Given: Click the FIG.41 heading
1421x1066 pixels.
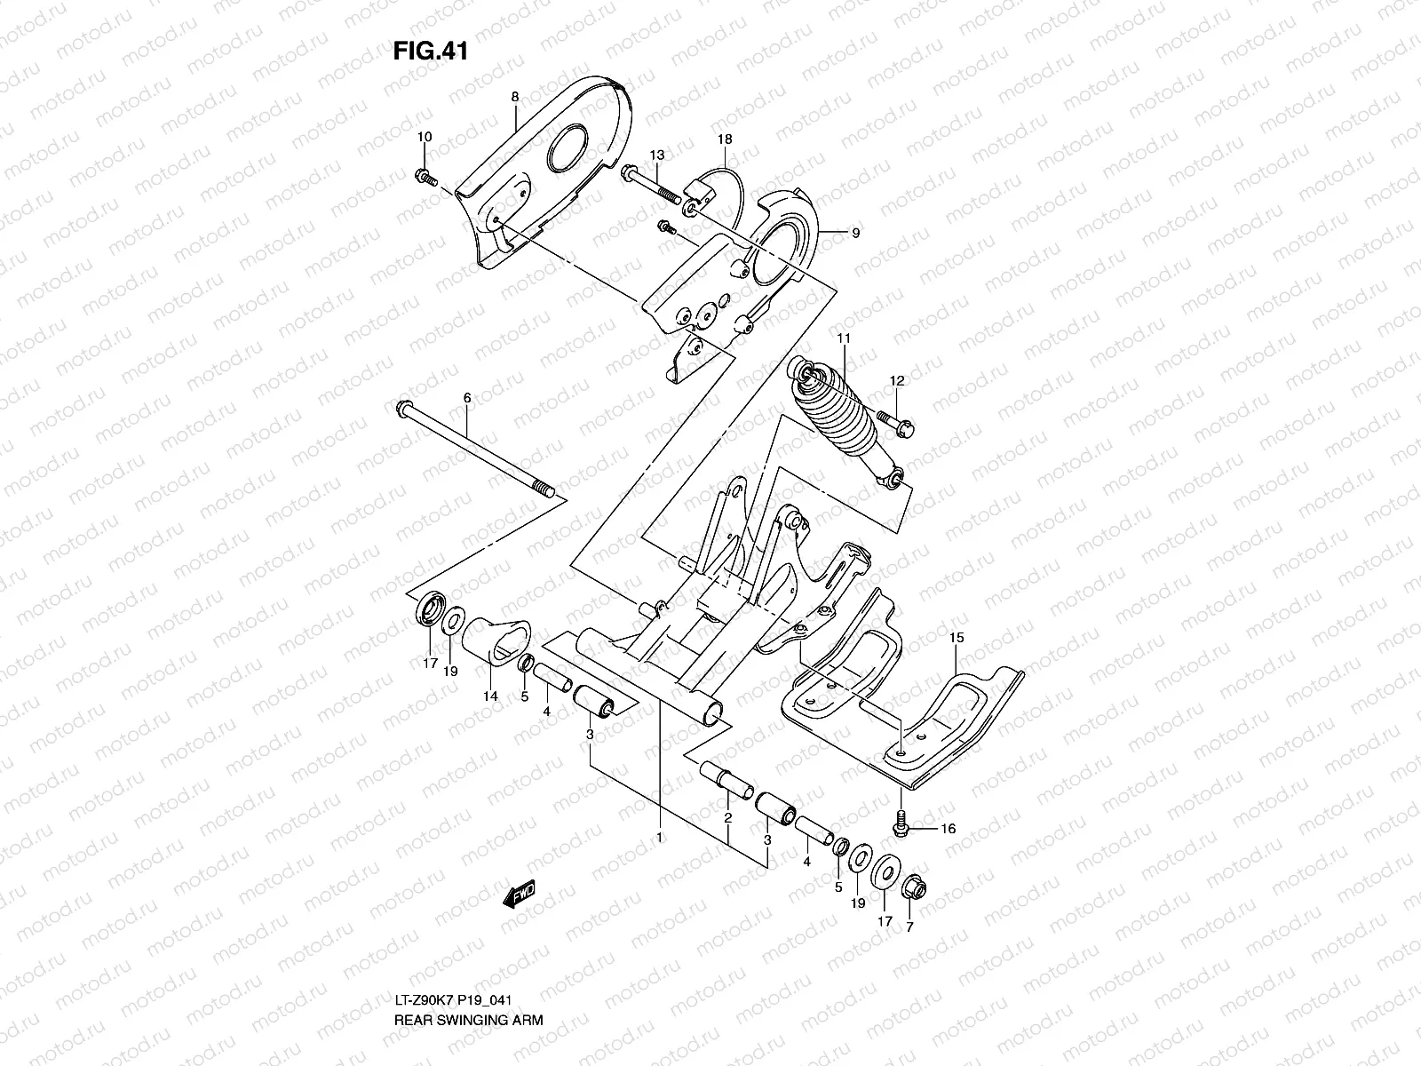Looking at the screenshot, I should tap(430, 52).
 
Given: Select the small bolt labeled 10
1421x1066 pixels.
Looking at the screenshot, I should tap(425, 177).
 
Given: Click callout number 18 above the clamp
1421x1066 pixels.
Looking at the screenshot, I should tap(725, 139).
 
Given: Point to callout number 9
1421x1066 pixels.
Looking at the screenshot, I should tap(855, 234).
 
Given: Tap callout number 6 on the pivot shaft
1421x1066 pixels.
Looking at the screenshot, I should tap(467, 399).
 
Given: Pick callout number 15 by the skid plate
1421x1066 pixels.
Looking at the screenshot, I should tap(956, 638).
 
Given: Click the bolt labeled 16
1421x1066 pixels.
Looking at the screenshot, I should tap(901, 824).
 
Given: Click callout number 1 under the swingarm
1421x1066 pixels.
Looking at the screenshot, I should tap(659, 836).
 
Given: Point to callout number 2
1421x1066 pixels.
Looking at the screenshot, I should tap(727, 817).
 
